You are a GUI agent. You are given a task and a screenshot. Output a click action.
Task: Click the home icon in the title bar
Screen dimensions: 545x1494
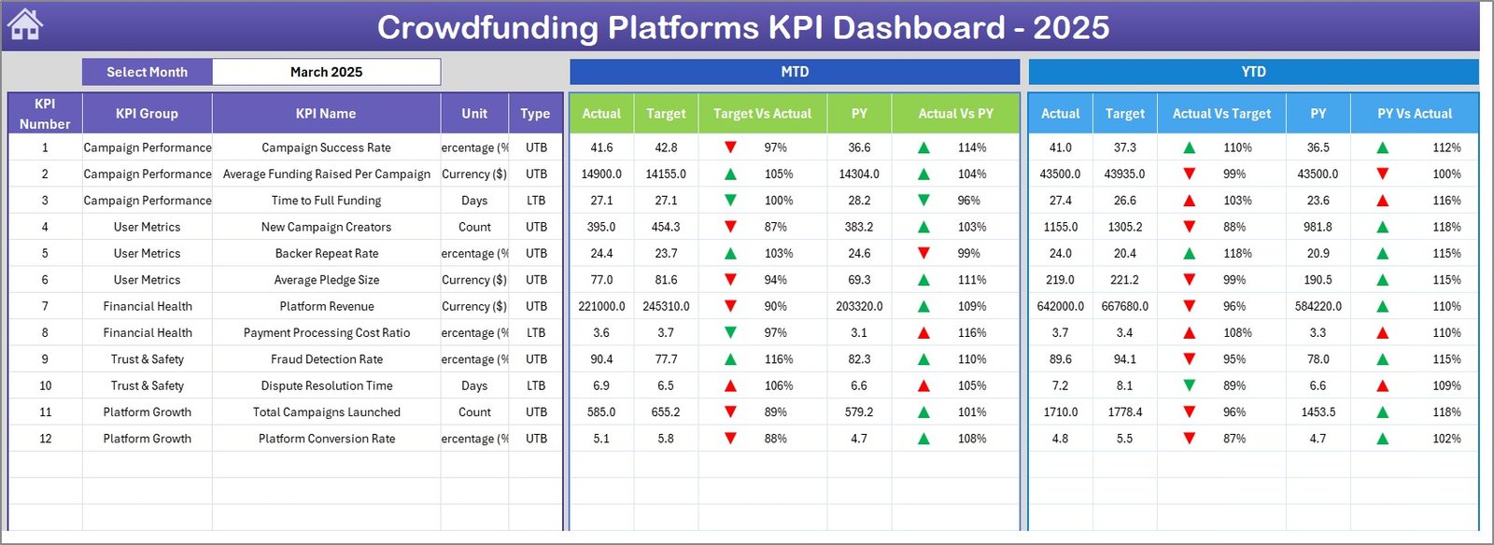pos(25,25)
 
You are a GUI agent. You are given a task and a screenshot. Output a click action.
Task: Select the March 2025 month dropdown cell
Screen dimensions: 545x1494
pos(326,72)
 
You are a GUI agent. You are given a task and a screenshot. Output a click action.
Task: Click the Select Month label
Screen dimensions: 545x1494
pos(147,72)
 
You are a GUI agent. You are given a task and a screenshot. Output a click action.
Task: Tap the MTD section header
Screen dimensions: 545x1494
pos(795,72)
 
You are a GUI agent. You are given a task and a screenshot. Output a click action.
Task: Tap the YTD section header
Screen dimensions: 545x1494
pos(1253,72)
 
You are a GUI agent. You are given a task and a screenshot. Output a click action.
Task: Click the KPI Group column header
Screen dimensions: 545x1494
pos(147,114)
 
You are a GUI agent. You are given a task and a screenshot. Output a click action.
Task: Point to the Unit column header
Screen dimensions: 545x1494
pos(474,114)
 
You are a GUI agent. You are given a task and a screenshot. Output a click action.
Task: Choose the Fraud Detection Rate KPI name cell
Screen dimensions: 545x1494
pos(327,359)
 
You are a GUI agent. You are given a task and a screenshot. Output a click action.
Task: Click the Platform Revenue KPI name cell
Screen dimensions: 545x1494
pos(327,306)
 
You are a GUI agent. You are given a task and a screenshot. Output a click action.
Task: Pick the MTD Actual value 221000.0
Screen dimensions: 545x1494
pos(601,306)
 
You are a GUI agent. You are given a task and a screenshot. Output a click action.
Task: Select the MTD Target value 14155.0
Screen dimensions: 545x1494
pos(666,174)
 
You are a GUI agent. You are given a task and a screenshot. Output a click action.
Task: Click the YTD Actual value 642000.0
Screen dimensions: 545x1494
pos(1061,306)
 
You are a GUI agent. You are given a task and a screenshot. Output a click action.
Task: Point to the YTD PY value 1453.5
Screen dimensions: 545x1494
pos(1318,412)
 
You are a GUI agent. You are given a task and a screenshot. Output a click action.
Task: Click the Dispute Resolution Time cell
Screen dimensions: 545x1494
pos(327,385)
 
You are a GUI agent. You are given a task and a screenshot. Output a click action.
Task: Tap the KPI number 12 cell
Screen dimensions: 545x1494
pos(45,439)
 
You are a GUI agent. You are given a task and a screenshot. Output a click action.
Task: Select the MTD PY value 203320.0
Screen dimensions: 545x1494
pos(859,306)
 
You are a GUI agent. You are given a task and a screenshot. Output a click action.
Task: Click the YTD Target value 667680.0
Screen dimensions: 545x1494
pos(1125,306)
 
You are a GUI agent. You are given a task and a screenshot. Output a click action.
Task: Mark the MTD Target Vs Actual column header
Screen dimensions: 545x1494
pos(762,114)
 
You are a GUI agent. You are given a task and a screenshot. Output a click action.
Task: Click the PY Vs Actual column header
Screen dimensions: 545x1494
pos(1415,114)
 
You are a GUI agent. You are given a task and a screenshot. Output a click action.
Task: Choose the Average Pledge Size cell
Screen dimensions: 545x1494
pos(327,280)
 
